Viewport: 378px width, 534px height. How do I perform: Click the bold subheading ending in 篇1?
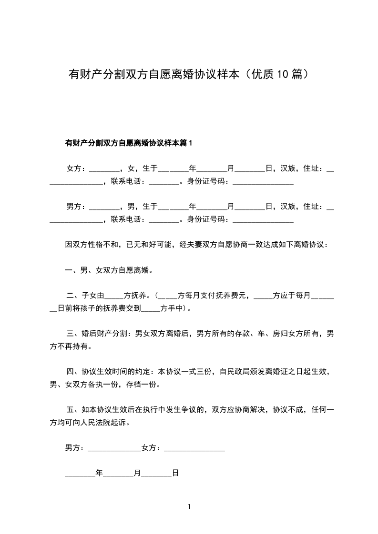click(x=128, y=143)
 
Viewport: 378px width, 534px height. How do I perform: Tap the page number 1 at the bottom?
click(x=189, y=507)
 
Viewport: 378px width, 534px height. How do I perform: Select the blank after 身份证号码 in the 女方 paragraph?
click(x=263, y=181)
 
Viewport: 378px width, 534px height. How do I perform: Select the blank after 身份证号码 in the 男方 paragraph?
click(x=263, y=219)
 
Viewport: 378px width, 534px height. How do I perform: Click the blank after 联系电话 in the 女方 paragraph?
click(x=163, y=181)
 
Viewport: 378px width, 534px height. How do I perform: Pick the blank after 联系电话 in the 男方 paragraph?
click(x=163, y=219)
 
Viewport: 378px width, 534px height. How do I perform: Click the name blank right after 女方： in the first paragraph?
click(x=104, y=169)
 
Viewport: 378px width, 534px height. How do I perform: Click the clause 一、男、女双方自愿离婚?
click(x=109, y=270)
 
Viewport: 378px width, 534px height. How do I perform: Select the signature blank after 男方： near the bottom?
click(x=114, y=448)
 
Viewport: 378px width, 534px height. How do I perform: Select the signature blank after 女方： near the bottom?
click(x=194, y=448)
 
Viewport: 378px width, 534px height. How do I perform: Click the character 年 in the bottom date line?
click(x=99, y=473)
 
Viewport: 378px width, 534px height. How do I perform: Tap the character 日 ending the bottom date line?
click(x=175, y=473)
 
